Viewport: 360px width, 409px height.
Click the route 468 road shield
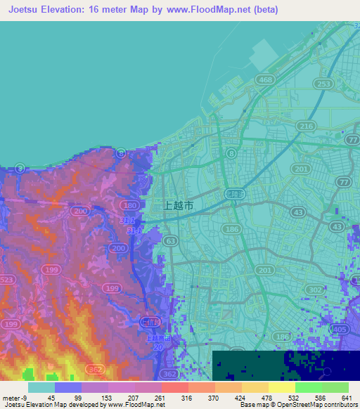pos(265,81)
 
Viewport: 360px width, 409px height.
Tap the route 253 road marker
pos(324,84)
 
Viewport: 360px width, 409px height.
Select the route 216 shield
pos(306,126)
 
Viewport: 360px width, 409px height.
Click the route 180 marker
pos(129,205)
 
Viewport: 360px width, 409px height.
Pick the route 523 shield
pos(7,279)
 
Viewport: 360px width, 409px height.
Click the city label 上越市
pos(178,205)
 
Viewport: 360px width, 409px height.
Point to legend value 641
pos(346,398)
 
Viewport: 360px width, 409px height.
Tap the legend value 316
pos(186,398)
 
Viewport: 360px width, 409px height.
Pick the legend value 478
pos(266,398)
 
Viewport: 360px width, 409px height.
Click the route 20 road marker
pos(159,347)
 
